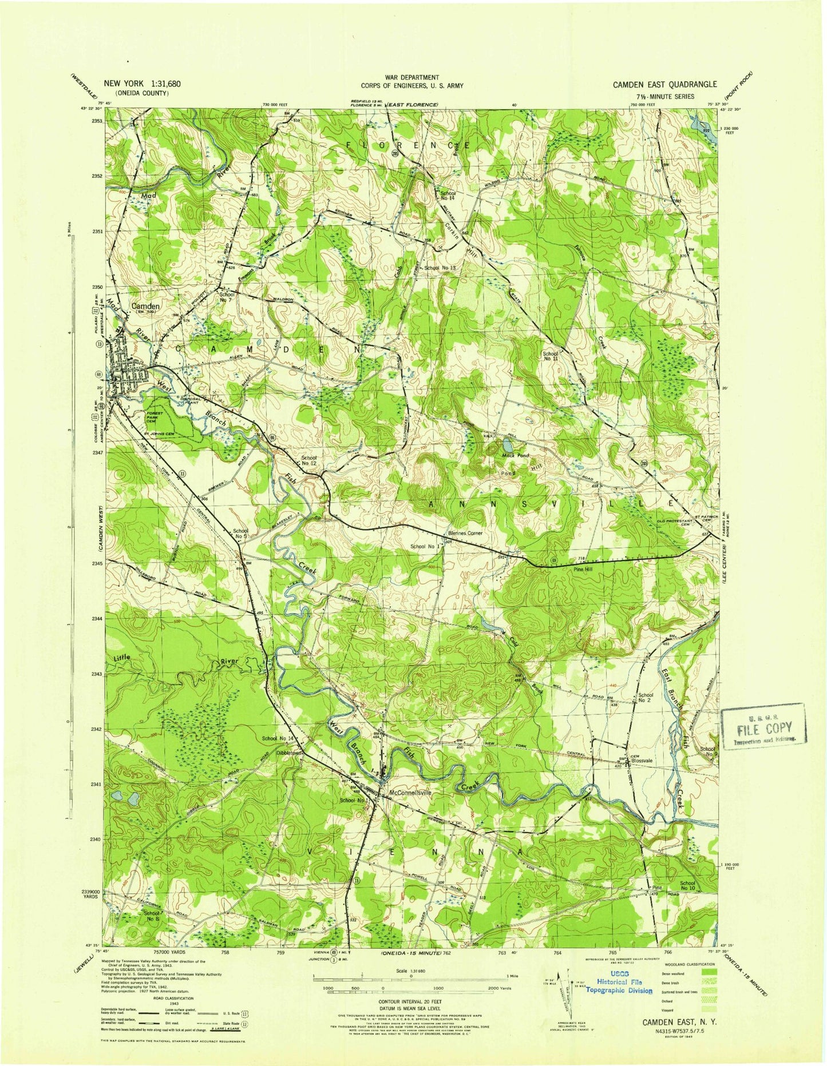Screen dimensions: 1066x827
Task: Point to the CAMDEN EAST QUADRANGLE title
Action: [x=664, y=84]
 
